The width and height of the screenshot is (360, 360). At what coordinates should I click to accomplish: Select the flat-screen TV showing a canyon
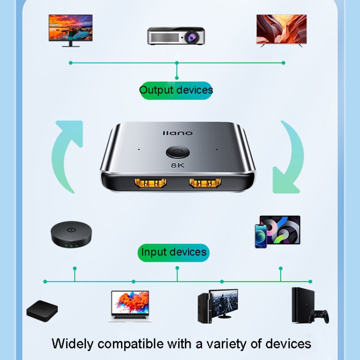click(x=281, y=30)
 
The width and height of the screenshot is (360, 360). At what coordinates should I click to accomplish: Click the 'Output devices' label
click(x=176, y=90)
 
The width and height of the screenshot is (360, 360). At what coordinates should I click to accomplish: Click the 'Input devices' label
click(x=173, y=252)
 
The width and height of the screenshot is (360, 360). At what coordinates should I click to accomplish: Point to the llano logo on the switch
click(x=178, y=133)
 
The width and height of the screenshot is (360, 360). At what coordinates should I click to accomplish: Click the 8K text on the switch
click(x=178, y=166)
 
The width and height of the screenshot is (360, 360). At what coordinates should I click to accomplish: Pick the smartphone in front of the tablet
click(x=261, y=236)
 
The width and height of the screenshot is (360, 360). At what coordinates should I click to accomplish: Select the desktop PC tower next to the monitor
click(x=204, y=307)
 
